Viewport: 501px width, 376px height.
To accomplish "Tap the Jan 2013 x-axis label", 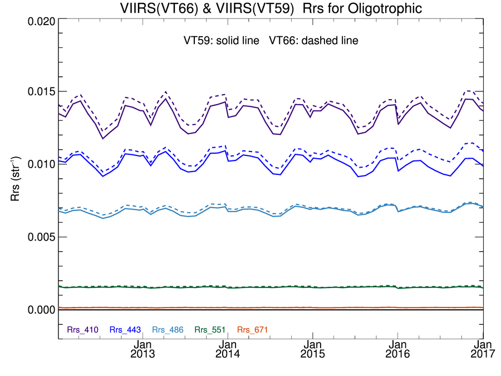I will click(144, 349).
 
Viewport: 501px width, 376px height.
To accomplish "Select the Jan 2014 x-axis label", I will click(228, 349).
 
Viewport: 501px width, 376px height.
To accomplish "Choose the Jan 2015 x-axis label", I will click(313, 349).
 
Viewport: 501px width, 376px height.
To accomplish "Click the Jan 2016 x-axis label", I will click(397, 349).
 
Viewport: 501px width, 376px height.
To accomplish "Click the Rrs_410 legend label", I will click(83, 330).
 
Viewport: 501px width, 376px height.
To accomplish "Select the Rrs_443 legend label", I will click(125, 330).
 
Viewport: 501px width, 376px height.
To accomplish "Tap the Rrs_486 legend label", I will click(168, 330).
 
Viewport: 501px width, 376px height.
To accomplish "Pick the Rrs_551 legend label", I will click(210, 330).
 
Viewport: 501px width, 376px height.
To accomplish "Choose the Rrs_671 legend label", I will click(253, 330).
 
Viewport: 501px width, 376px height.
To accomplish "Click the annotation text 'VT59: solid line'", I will click(222, 41).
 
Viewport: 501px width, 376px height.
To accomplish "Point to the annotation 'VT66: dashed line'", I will click(313, 41).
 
